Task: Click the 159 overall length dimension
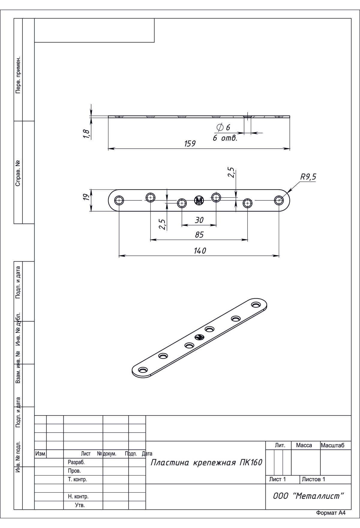point(190,144)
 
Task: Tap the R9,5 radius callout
point(308,177)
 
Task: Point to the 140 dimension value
point(200,251)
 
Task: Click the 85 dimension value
point(199,235)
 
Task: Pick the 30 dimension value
point(199,220)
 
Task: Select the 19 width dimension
point(86,197)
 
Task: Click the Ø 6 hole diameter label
point(223,127)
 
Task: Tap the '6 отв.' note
point(225,138)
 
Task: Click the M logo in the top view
point(199,201)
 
